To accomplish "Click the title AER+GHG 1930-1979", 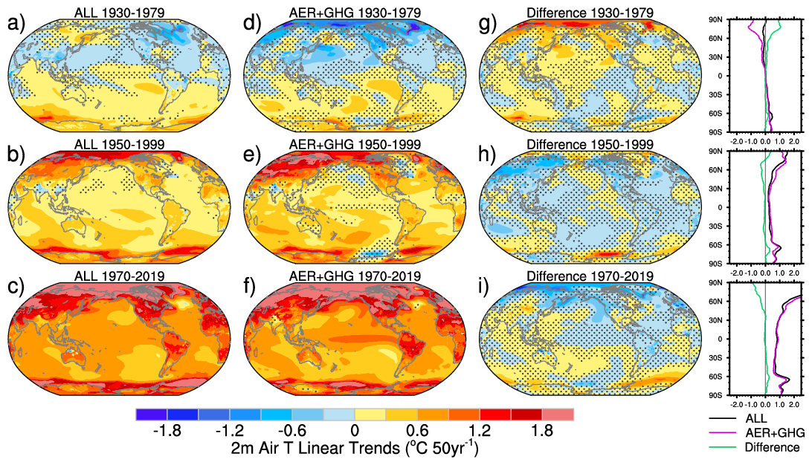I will pos(355,13).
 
